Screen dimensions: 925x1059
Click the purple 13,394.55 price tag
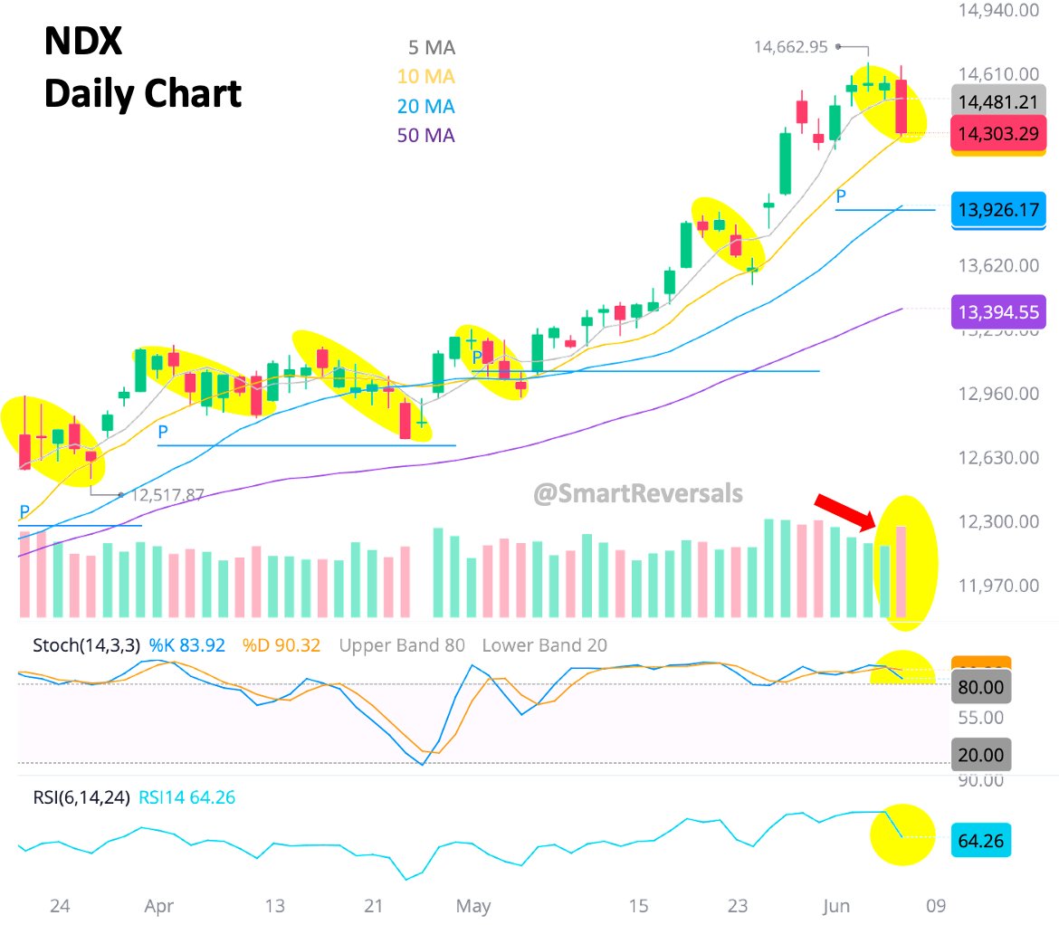coord(998,312)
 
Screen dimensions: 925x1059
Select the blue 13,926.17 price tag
coord(998,209)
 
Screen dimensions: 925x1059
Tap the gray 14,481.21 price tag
coord(998,101)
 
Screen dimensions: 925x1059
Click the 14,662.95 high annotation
coord(790,46)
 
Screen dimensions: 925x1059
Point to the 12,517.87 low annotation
coord(168,495)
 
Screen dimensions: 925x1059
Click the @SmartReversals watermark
coord(638,494)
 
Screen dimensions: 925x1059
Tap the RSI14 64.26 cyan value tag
coord(981,841)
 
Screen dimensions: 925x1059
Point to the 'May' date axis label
coord(473,906)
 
